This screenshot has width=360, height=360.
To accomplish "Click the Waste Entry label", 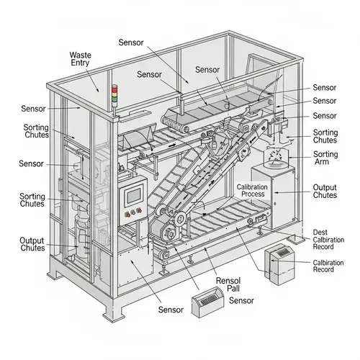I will (79, 60).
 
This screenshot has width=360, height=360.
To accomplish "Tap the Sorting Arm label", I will (325, 159).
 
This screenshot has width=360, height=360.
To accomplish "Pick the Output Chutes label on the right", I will (325, 192).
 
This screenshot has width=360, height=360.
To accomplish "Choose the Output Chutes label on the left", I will (32, 245).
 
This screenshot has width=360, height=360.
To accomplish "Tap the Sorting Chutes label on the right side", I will (325, 137).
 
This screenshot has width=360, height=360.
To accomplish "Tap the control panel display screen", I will (134, 195).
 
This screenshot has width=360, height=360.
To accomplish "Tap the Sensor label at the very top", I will (131, 42).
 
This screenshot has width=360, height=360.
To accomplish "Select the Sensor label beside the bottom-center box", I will (241, 300).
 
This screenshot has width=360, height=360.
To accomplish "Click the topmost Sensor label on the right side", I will (325, 87).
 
